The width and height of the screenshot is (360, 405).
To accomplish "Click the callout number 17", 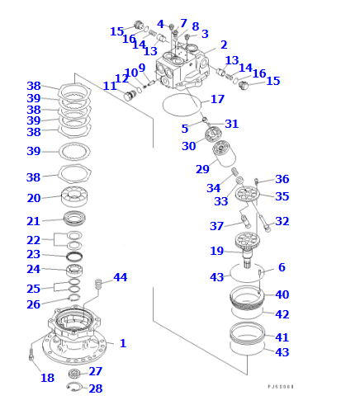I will [x=217, y=99].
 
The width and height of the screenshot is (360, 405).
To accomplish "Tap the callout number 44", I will [x=121, y=277].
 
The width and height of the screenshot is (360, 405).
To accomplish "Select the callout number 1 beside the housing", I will [x=123, y=343].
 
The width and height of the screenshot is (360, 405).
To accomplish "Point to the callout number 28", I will [x=95, y=389].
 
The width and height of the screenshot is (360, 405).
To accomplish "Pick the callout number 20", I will [x=34, y=198].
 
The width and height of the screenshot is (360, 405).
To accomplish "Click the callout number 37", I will [x=216, y=226].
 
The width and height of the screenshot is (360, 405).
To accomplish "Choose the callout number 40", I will [x=282, y=294].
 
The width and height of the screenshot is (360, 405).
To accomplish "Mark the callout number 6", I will [x=282, y=267].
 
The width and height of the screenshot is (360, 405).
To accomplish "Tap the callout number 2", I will [x=224, y=45].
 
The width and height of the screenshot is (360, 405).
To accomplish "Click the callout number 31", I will [x=232, y=124].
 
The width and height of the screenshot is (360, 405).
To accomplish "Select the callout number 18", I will [x=47, y=378].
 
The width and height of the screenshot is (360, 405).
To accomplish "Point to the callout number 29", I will [x=202, y=169].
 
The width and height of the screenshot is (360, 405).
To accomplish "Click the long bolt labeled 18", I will [x=31, y=357].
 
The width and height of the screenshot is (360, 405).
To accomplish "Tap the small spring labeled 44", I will [x=99, y=285].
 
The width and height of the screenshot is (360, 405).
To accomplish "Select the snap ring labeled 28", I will [x=73, y=388].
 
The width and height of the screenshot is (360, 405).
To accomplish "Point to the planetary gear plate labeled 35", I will [x=247, y=195].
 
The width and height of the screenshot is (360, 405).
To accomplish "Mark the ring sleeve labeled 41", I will [x=247, y=335].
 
